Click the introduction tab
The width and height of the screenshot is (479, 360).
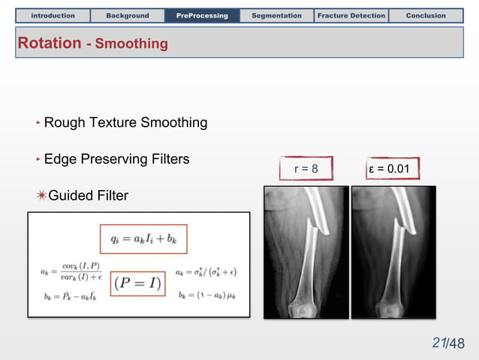(53, 15)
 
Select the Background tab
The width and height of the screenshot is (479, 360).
(128, 15)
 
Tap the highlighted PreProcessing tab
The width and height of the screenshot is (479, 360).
(202, 15)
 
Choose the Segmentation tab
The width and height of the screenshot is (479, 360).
(276, 15)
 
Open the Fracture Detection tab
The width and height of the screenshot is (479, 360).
(351, 15)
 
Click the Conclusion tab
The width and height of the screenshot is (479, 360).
(426, 15)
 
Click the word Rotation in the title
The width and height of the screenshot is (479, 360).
(50, 44)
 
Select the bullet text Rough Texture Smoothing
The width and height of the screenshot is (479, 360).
(125, 123)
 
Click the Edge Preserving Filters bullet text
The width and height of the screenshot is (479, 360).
(116, 159)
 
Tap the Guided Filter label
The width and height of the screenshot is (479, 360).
(88, 196)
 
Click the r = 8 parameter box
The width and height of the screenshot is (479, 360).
(306, 168)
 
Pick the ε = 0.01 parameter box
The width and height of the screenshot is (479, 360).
(389, 168)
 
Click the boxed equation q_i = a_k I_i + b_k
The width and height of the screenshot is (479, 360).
(143, 240)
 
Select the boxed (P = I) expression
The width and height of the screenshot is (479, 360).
(138, 283)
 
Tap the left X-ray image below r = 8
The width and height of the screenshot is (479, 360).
(306, 252)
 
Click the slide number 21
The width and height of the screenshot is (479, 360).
(440, 343)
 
